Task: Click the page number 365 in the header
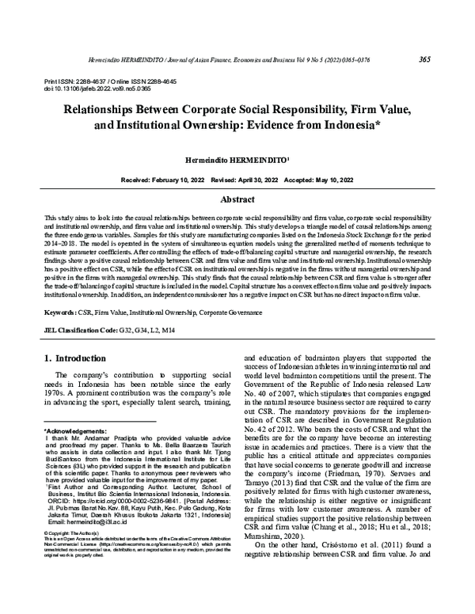[424, 60]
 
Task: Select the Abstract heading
[237, 200]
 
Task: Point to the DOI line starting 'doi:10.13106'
[85, 89]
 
